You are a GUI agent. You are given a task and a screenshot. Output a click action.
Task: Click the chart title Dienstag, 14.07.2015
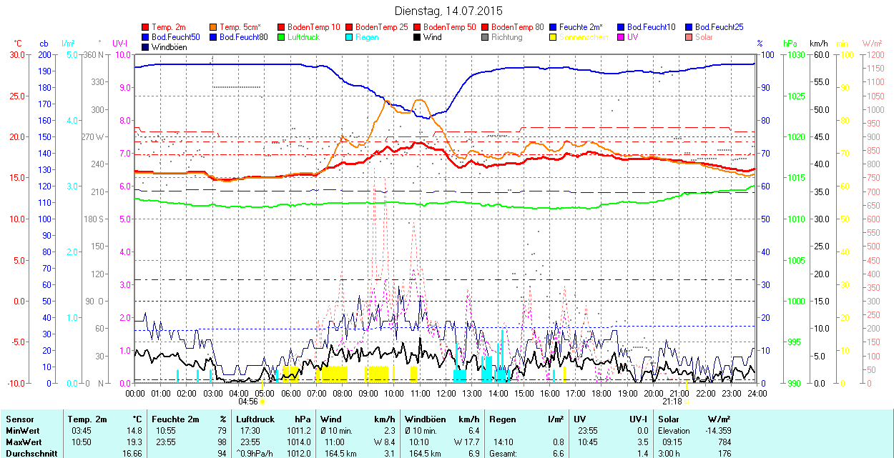tap(448, 11)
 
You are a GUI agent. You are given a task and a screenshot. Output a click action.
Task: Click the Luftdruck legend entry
tap(303, 37)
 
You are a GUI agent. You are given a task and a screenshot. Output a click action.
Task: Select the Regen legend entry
tap(367, 37)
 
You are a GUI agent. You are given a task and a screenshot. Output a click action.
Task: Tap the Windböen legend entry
tap(169, 47)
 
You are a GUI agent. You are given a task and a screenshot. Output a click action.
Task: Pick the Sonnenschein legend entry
tap(584, 37)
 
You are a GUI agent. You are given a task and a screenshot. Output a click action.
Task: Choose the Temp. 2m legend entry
tap(169, 27)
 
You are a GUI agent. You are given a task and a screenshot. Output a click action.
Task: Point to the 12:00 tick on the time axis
tap(446, 393)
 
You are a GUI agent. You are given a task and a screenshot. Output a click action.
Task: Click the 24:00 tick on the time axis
tap(757, 393)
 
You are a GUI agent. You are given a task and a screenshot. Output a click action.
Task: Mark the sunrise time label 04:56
tap(247, 402)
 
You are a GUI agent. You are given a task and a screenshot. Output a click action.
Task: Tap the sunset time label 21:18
tap(672, 402)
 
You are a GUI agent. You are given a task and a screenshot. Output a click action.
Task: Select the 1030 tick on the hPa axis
tap(792, 55)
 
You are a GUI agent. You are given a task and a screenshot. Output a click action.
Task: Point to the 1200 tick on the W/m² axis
tap(873, 55)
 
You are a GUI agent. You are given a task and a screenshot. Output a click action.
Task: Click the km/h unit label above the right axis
tap(819, 44)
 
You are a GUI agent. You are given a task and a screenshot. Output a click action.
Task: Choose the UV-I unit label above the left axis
tap(120, 44)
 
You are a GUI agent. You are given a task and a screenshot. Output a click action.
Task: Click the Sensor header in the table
tap(20, 419)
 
